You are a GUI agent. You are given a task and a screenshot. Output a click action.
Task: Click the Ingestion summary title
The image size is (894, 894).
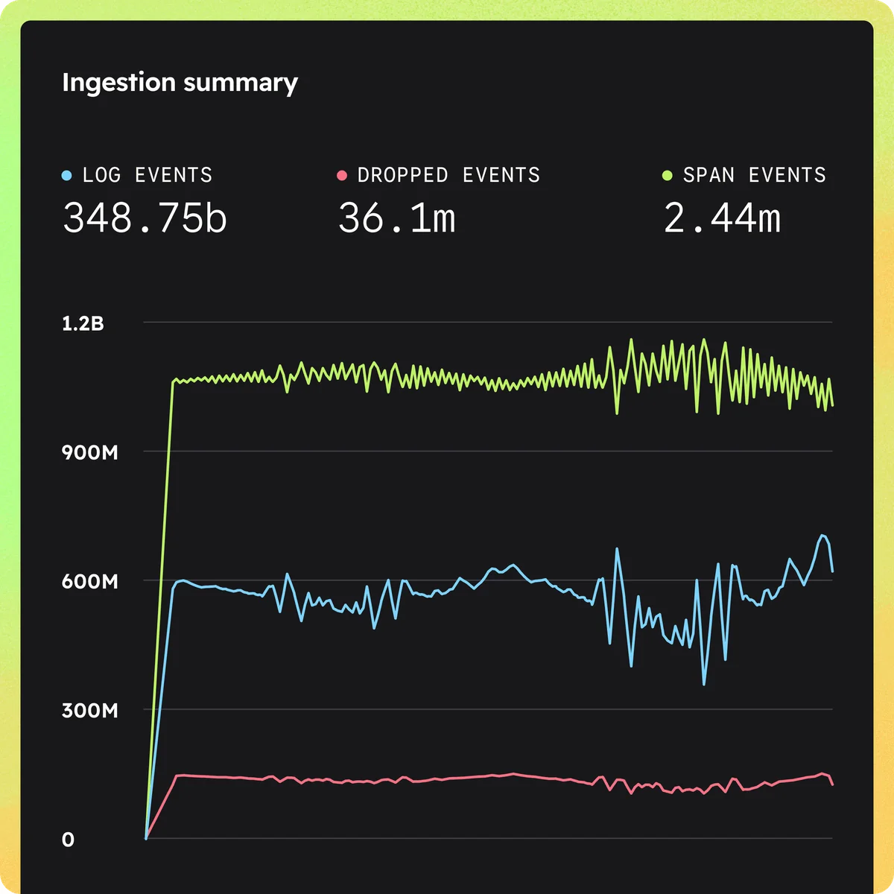click(180, 82)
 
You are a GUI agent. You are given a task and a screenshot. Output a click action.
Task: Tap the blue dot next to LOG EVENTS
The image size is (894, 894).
click(67, 176)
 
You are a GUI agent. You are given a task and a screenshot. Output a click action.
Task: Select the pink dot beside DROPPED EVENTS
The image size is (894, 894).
click(342, 176)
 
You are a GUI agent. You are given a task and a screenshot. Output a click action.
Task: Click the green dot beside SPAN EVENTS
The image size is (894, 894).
click(668, 176)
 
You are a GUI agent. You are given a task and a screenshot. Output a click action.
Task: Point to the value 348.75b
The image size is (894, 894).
click(145, 218)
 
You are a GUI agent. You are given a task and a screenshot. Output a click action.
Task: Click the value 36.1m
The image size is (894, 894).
click(396, 218)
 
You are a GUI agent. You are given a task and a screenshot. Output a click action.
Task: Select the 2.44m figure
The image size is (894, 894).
click(722, 218)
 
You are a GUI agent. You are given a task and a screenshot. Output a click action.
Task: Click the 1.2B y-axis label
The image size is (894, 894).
click(83, 323)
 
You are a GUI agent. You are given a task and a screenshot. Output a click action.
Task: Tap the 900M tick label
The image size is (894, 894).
click(89, 452)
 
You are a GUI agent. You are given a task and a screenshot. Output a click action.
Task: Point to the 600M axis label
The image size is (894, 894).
click(89, 581)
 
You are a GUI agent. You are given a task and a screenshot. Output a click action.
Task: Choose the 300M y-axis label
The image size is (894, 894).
click(89, 710)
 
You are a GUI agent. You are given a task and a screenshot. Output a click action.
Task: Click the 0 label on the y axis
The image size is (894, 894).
click(68, 840)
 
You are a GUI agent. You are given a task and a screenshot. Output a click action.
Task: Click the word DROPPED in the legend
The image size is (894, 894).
click(403, 175)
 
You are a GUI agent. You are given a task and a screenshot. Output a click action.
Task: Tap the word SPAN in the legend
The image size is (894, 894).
click(708, 175)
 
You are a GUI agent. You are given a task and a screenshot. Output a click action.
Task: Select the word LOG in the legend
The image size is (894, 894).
click(101, 175)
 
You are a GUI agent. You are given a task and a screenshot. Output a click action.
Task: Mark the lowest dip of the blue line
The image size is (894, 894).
click(704, 684)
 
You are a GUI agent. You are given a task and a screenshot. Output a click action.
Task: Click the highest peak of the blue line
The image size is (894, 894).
click(822, 535)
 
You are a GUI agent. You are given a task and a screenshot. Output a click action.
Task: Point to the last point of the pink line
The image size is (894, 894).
click(832, 784)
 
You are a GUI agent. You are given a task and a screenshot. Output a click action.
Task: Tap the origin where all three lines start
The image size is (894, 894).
click(146, 839)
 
